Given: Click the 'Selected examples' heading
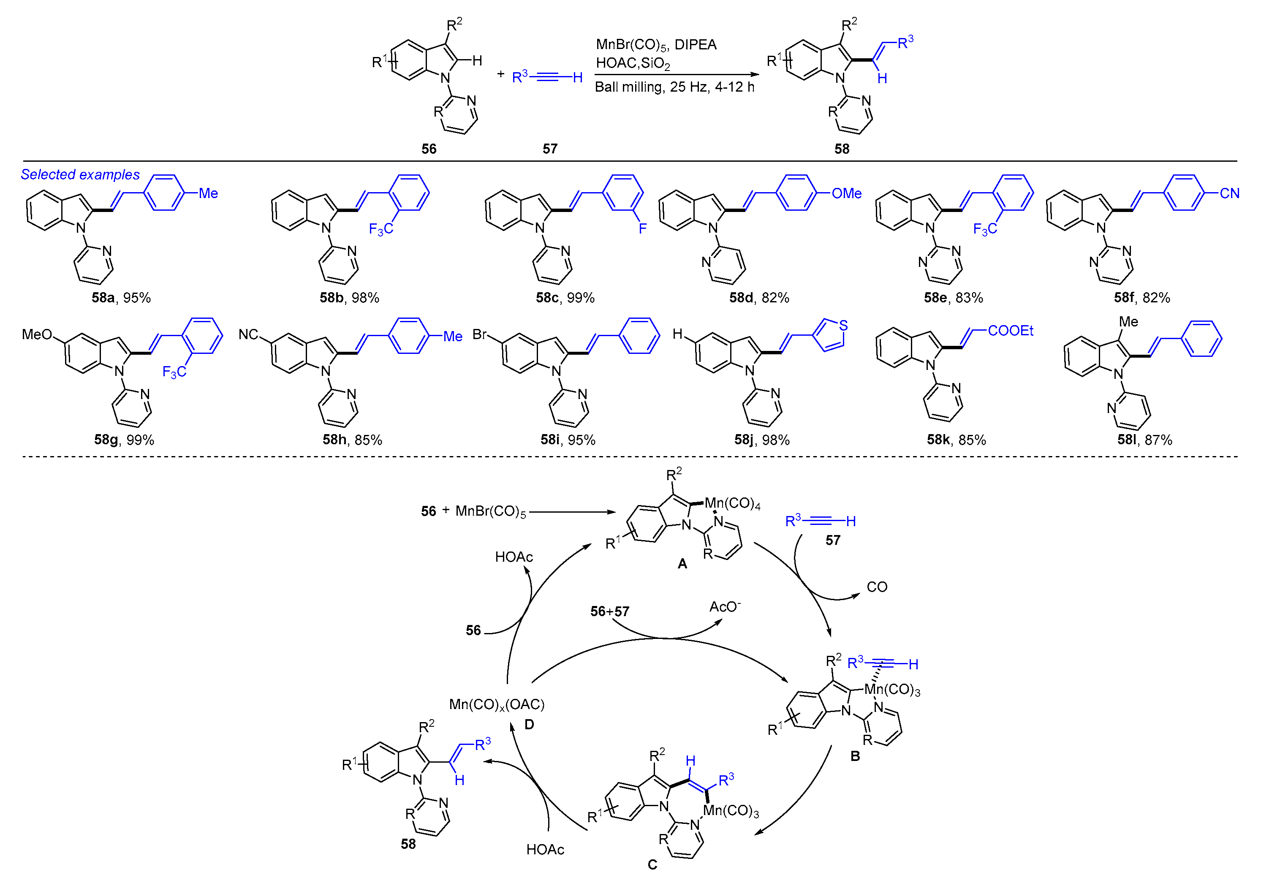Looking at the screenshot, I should point(80,175).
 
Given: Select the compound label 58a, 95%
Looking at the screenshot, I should point(121,298).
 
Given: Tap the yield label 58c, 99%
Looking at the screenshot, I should point(565,298).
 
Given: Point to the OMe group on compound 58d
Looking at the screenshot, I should point(846,193).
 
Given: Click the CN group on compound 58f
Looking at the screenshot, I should point(1229,193).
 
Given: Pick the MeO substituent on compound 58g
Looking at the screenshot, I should point(37,334).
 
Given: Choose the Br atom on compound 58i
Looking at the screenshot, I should point(479,334).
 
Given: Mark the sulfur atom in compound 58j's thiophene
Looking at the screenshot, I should point(844,325).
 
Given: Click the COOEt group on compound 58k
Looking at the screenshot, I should point(1010,331).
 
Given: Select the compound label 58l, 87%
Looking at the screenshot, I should point(1144,440).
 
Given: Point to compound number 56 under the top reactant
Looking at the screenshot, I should point(429,149).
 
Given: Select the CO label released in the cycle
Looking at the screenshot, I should point(877,587).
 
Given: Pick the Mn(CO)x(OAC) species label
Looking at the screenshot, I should point(497,704).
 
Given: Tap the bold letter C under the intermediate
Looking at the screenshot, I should point(652,865).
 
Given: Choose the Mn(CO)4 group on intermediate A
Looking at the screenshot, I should point(732,503).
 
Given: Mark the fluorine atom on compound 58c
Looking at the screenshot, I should point(643,228).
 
